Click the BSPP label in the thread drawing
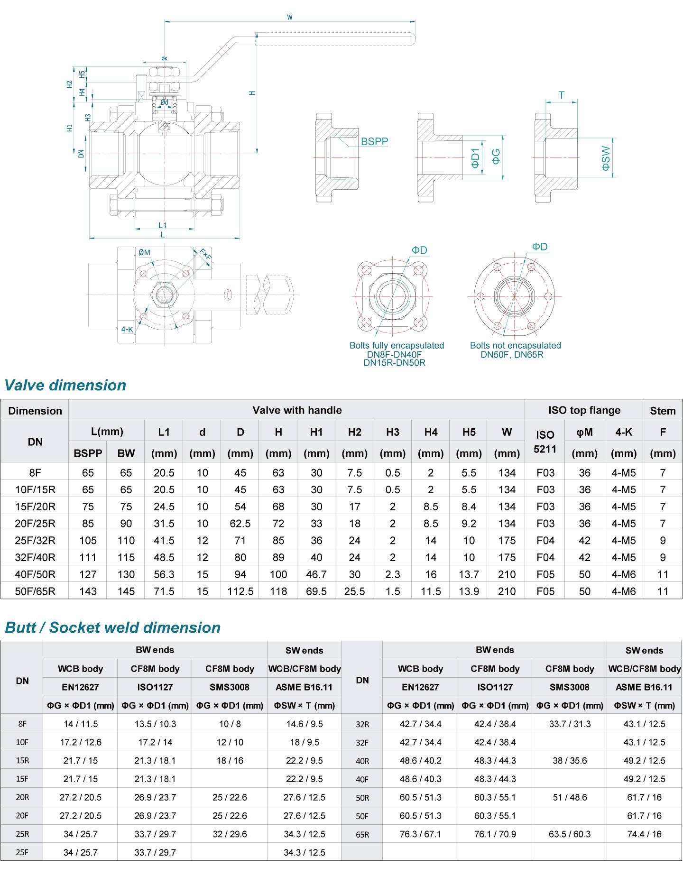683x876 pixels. coord(374,141)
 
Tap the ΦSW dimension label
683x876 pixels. coord(606,158)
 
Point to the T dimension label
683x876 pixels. coord(562,95)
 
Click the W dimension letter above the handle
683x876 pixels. coord(290,18)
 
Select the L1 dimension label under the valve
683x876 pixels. coord(162,225)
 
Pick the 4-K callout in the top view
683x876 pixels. coord(127,329)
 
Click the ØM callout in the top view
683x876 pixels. coord(144,252)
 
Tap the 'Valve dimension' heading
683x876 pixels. coord(65,385)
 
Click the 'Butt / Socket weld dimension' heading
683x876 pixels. coord(113,627)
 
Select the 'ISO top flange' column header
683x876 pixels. coord(584,410)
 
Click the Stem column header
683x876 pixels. coord(663,411)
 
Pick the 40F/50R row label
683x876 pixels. coord(35,574)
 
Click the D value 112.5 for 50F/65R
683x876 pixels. coord(240,591)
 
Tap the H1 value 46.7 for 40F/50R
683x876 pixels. coord(316,574)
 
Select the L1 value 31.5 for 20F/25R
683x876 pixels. coord(164,524)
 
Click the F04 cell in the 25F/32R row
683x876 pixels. coord(545,541)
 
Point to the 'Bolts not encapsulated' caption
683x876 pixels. coord(515,345)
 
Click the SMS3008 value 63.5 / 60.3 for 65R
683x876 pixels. coord(570,834)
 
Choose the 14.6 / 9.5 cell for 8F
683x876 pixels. coord(305,724)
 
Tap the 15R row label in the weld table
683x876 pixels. coord(22,761)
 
